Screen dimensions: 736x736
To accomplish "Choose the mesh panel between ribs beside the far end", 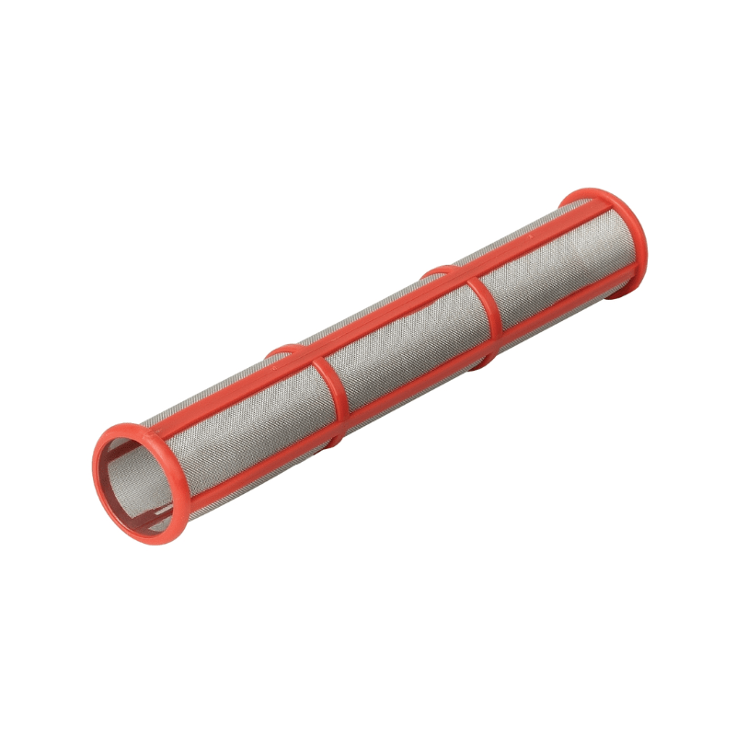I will (x=552, y=267).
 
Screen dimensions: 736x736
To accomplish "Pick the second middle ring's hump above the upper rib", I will (x=437, y=272).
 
